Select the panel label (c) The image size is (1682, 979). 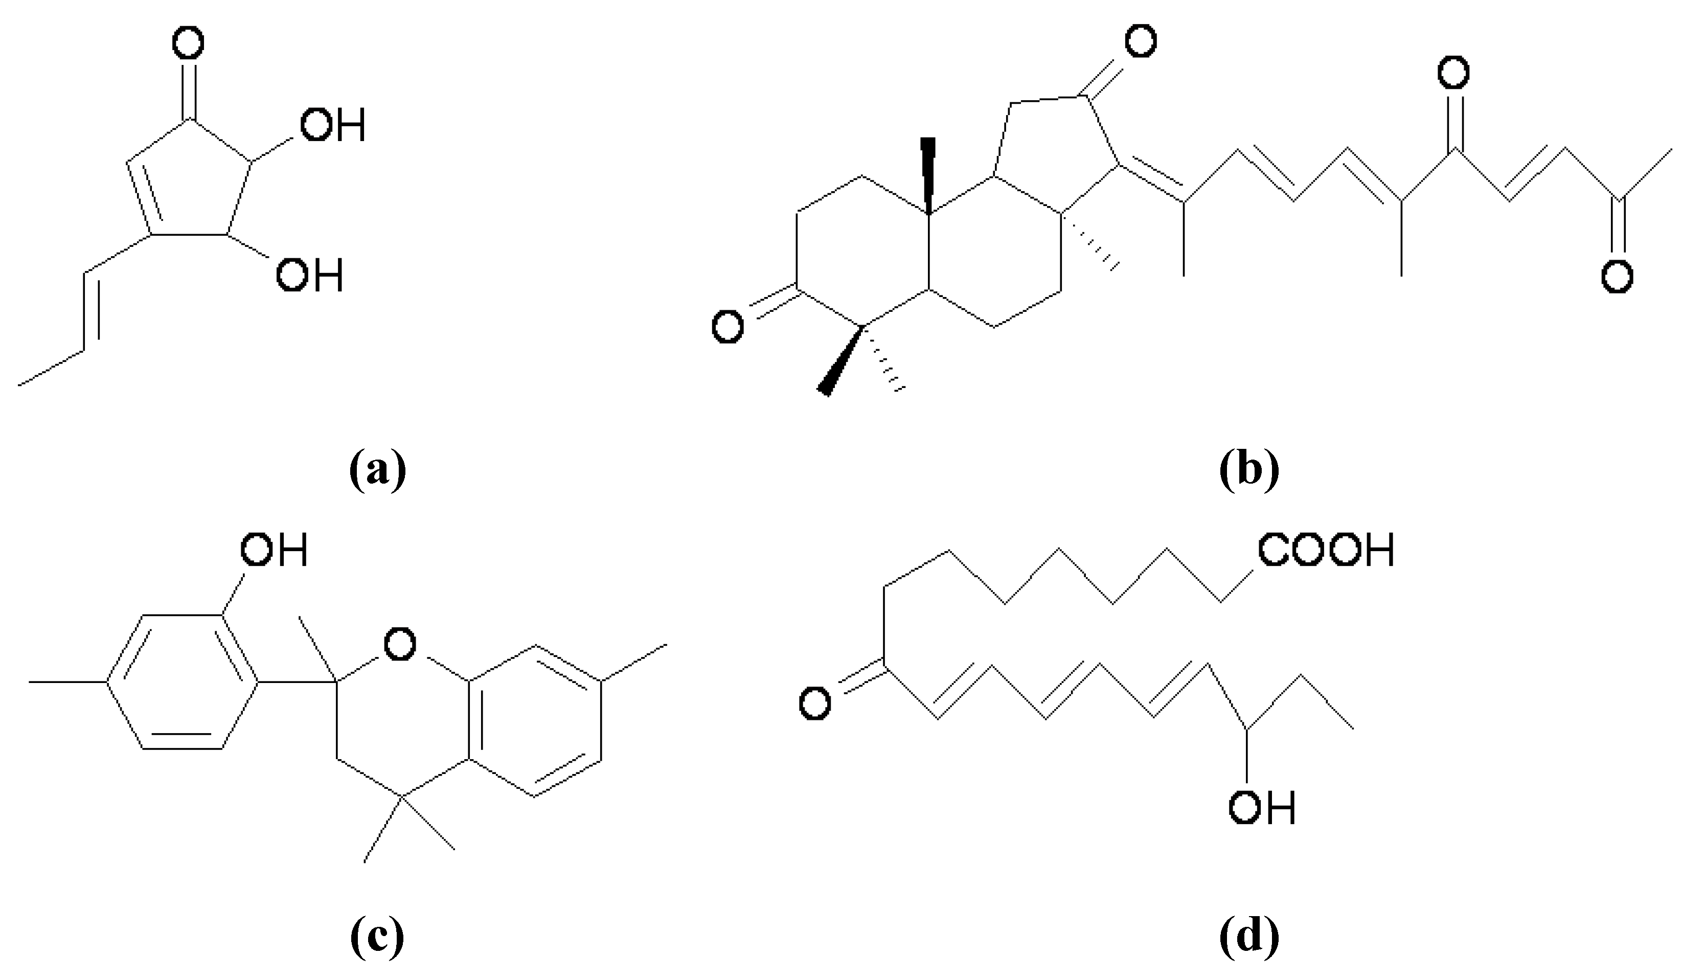click(377, 937)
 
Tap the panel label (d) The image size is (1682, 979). click(1249, 937)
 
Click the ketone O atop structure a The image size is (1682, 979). click(188, 44)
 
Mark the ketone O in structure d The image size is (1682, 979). click(815, 703)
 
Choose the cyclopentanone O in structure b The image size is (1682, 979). click(1140, 41)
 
